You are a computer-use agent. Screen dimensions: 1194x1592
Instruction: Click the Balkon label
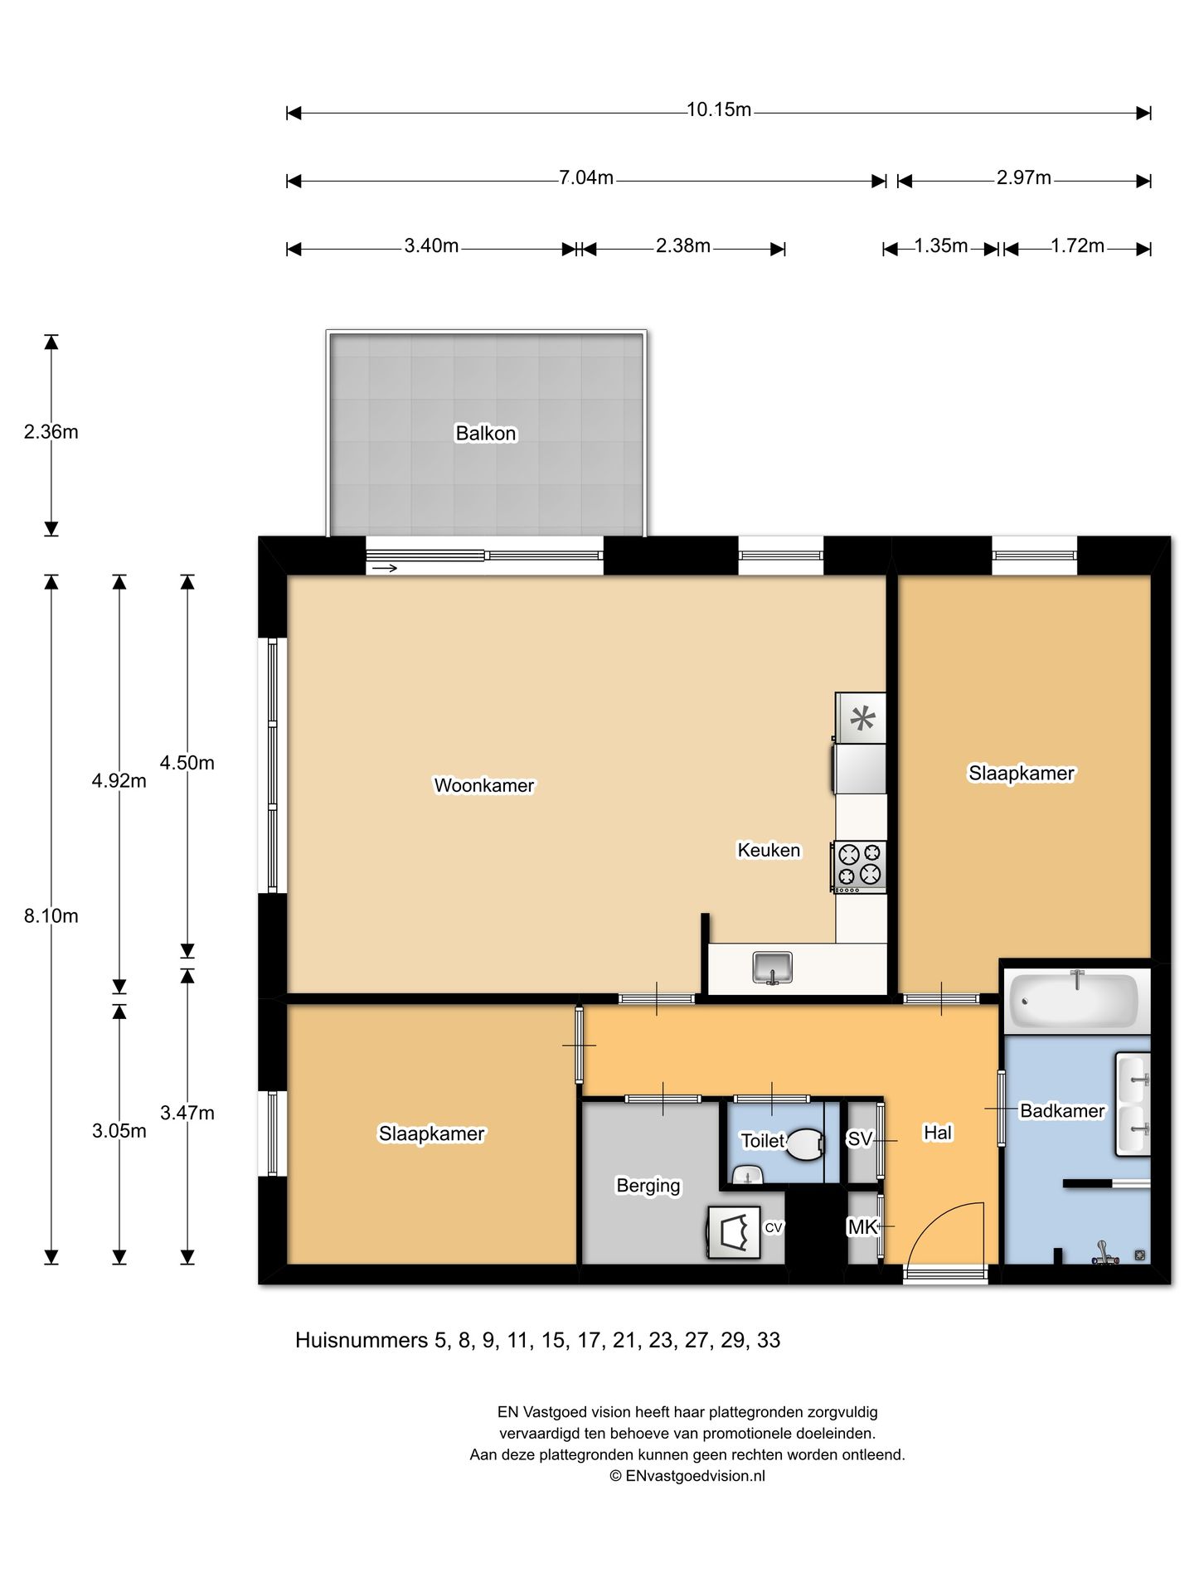pos(486,433)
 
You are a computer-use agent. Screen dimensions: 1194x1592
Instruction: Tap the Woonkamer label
pos(484,785)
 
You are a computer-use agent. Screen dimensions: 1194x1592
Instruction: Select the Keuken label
pos(769,850)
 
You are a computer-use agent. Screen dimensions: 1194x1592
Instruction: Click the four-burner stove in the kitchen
pos(859,866)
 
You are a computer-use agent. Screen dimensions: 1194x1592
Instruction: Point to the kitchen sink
pos(773,968)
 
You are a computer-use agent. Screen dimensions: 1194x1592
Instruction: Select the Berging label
pos(648,1186)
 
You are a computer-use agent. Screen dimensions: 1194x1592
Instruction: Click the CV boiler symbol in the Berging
pos(734,1232)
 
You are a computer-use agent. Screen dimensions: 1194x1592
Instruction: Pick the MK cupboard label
pos(862,1227)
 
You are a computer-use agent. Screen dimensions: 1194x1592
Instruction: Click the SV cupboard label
pos(860,1139)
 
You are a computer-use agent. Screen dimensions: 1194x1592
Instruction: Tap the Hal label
pos(938,1133)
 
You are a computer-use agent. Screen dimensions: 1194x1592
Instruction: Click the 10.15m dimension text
pos(719,109)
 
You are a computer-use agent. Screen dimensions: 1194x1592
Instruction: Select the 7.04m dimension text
pos(585,177)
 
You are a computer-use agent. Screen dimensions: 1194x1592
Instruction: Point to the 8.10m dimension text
pos(51,916)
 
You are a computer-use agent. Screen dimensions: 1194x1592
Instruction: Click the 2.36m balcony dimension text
pos(51,432)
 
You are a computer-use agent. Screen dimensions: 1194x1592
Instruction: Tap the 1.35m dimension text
pos(941,246)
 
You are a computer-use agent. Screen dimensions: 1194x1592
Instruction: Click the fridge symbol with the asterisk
pos(861,717)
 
